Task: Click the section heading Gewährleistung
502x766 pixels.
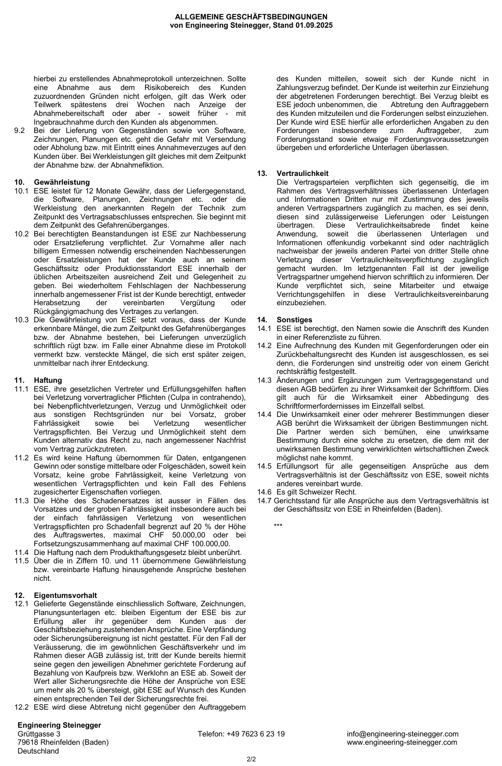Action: (x=61, y=182)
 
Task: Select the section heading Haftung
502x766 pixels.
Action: (x=48, y=380)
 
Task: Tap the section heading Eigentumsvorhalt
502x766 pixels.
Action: (x=65, y=596)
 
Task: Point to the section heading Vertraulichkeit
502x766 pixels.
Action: (x=302, y=174)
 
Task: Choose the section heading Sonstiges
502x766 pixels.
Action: (x=294, y=320)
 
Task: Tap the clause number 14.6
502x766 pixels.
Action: (x=265, y=492)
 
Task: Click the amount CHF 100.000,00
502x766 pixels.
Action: (x=205, y=544)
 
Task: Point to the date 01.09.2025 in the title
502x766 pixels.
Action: (x=313, y=25)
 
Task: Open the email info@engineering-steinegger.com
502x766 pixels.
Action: (x=403, y=734)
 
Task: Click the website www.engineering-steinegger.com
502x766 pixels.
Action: (x=402, y=742)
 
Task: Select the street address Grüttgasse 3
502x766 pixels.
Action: (x=39, y=734)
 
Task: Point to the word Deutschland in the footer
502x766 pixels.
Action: (x=38, y=751)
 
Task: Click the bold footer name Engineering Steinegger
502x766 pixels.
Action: (x=59, y=725)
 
